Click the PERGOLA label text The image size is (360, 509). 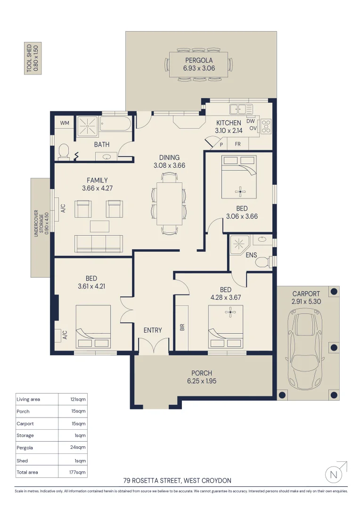(198, 60)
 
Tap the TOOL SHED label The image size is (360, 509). (32, 58)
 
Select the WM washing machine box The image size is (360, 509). (65, 123)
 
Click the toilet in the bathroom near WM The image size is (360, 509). (64, 151)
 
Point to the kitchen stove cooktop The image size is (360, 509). (266, 126)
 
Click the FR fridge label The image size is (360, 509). (238, 144)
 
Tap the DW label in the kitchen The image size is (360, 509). (251, 121)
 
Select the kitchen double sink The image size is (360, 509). (241, 109)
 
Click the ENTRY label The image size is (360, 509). (153, 330)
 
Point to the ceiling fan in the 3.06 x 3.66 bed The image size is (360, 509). (241, 191)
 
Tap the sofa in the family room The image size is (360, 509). (98, 243)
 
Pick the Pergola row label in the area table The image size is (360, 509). (25, 448)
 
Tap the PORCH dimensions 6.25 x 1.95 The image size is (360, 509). (202, 381)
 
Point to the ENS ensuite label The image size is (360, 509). (251, 254)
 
